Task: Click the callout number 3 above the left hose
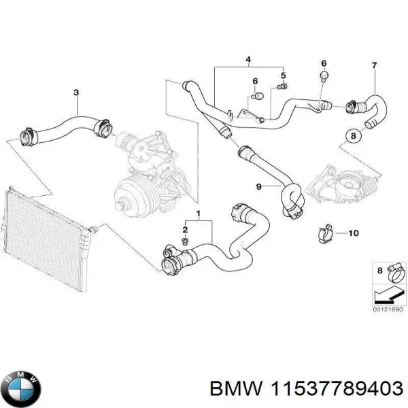[76, 92]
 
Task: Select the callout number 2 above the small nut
[184, 230]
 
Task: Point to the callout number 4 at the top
[248, 61]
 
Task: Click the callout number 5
[284, 75]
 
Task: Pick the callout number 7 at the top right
[373, 65]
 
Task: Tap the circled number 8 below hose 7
[352, 136]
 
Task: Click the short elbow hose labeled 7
[371, 112]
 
